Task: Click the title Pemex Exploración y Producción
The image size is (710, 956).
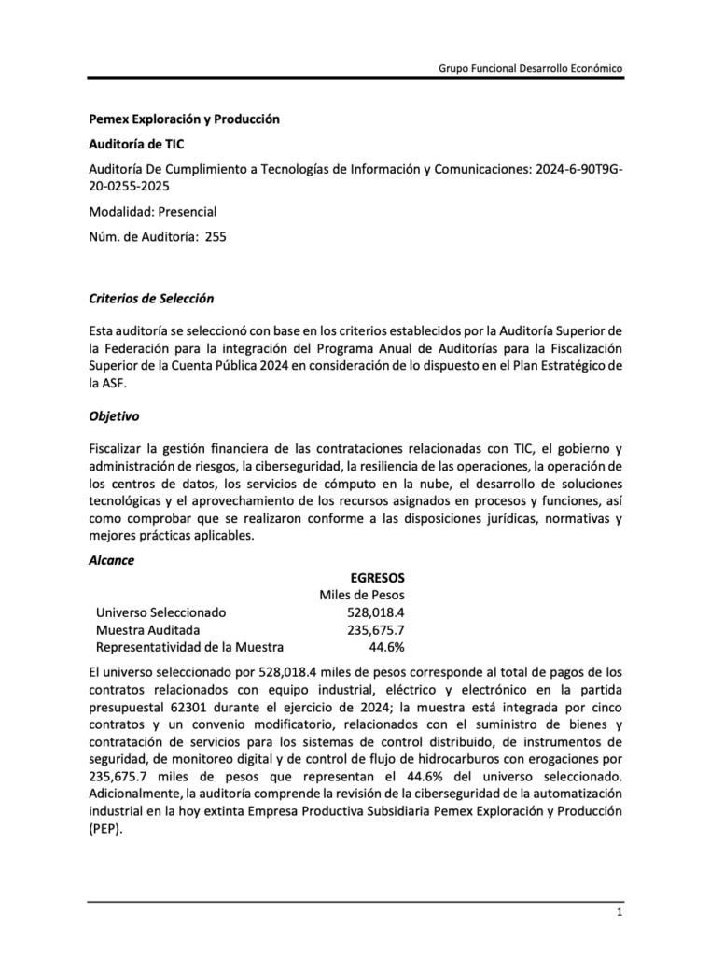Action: click(184, 119)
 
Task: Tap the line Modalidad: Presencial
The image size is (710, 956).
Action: click(152, 212)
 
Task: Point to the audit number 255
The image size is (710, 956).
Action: click(215, 236)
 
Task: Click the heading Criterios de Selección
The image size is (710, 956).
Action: click(151, 299)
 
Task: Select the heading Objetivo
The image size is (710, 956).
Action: click(114, 416)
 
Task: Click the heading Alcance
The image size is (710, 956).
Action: click(111, 560)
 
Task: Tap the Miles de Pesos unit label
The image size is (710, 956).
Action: click(362, 595)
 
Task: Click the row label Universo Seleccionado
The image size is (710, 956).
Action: click(160, 612)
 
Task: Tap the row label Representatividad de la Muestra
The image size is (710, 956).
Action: click(189, 647)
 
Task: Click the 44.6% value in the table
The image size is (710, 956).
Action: click(386, 647)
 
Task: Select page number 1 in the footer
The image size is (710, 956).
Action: click(619, 911)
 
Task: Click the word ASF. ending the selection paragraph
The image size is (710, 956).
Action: click(110, 382)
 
